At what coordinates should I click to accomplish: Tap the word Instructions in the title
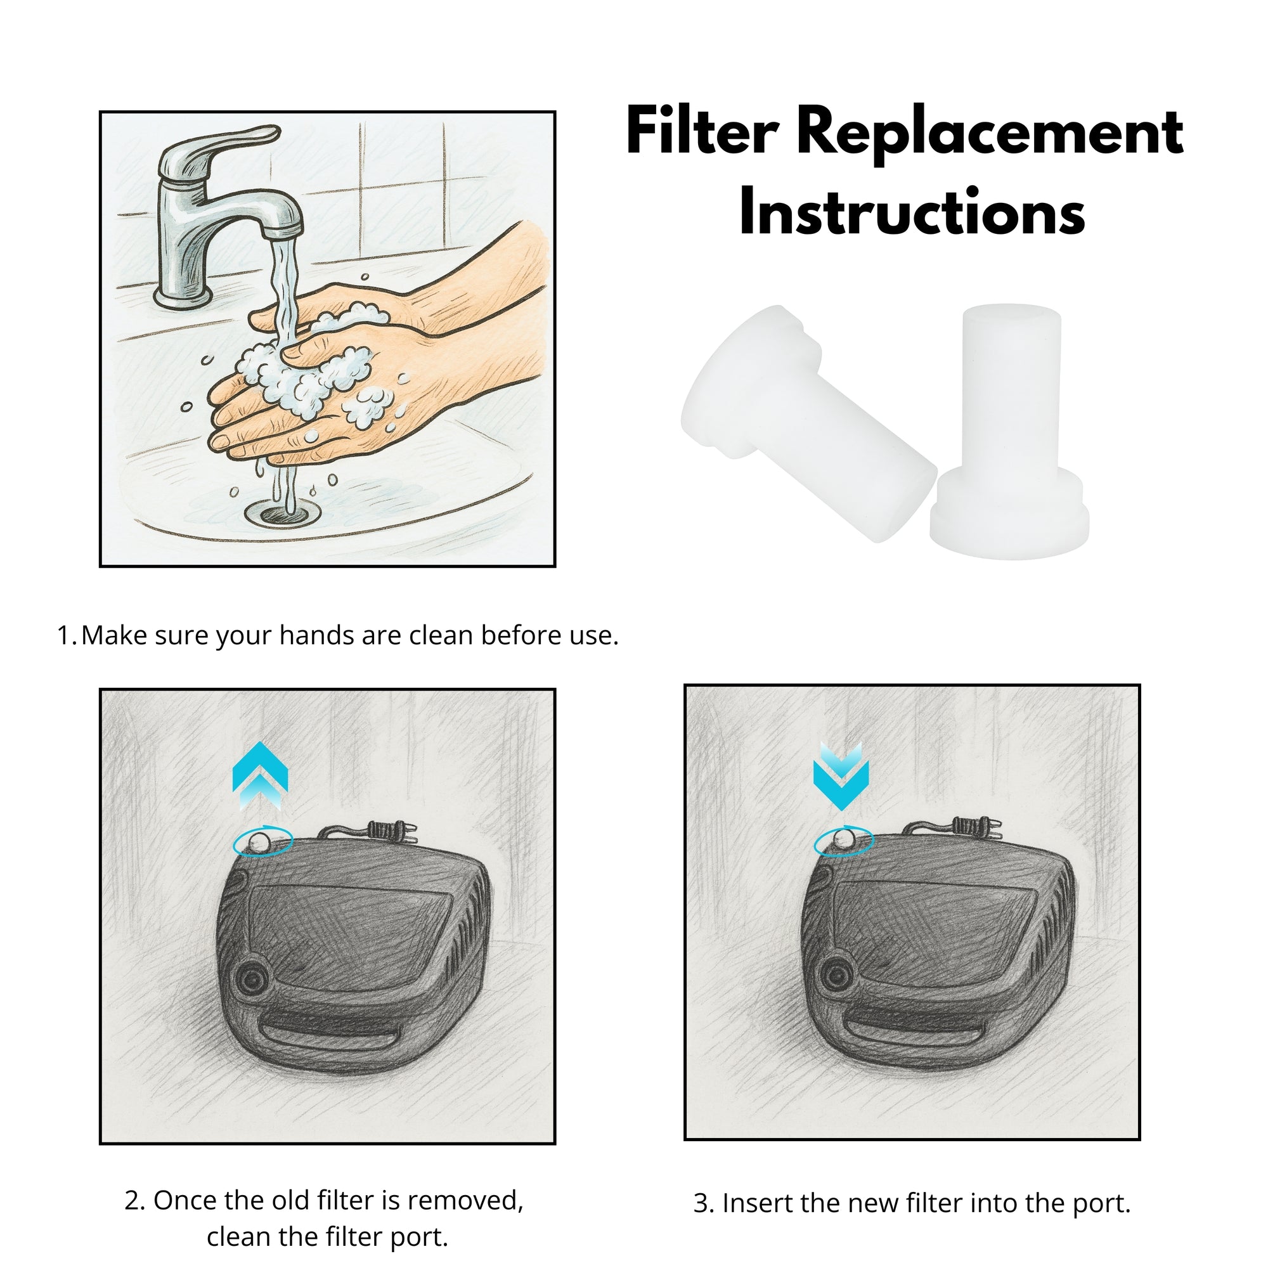click(912, 211)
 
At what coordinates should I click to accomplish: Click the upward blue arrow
click(261, 776)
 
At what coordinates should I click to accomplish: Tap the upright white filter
click(1011, 433)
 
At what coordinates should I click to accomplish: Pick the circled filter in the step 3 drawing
click(843, 841)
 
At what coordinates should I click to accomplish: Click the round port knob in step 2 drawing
click(251, 981)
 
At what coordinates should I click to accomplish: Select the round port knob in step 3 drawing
click(836, 975)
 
